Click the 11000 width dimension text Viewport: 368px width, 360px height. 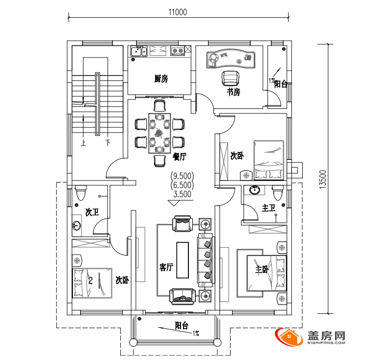(x=178, y=12)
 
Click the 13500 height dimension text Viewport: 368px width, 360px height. (x=323, y=180)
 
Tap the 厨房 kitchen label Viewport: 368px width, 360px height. (x=161, y=79)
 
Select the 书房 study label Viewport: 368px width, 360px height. (x=233, y=92)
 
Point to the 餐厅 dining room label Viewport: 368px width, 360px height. (x=179, y=156)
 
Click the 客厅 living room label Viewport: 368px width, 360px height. (x=166, y=267)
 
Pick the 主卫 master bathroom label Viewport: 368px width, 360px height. (x=268, y=208)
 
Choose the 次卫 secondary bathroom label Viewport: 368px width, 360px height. (x=92, y=212)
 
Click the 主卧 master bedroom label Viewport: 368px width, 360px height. (x=262, y=270)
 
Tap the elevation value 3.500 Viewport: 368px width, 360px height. (x=182, y=194)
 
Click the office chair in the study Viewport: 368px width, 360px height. (x=231, y=78)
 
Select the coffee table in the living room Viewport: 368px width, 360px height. (x=183, y=260)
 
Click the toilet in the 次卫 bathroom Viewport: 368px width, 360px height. (x=81, y=193)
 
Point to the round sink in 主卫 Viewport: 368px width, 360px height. (x=254, y=190)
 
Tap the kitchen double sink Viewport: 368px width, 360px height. (x=139, y=51)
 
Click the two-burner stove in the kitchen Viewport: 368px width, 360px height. (x=178, y=51)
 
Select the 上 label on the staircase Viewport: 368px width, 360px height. (x=83, y=143)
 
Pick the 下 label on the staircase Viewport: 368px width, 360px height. (x=108, y=142)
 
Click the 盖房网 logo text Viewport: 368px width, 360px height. (x=326, y=336)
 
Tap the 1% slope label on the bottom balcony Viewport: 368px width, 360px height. (x=196, y=333)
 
